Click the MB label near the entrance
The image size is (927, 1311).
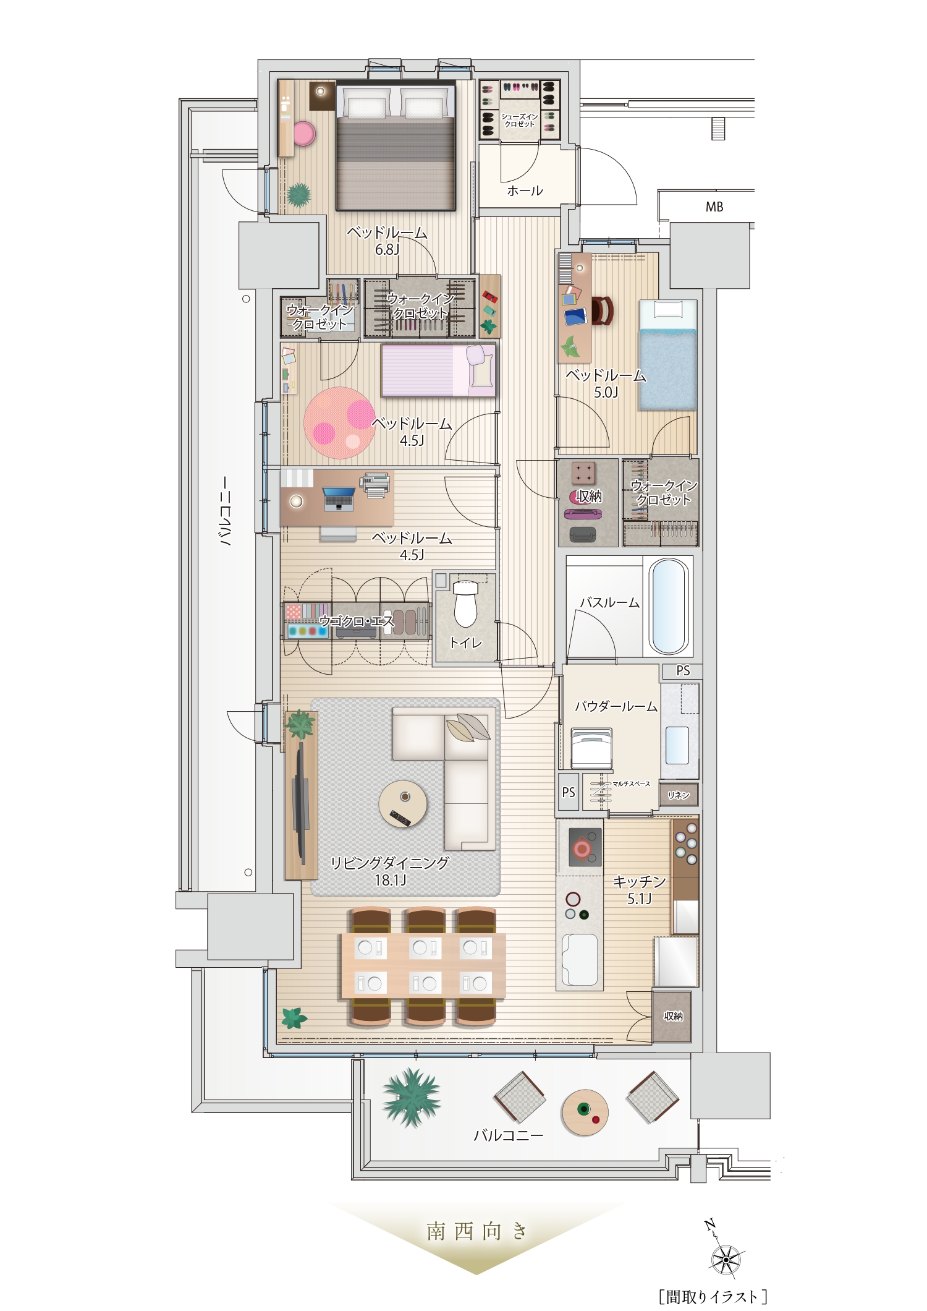coord(714,207)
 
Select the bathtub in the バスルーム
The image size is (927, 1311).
coord(668,606)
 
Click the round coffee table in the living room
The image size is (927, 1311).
coord(403,803)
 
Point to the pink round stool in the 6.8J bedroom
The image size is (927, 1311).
coord(303,134)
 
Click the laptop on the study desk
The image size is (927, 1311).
coord(339,498)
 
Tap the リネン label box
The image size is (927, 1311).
coord(679,795)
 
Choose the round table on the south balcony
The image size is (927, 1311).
coord(585,1112)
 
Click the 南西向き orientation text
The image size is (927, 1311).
coord(476,1231)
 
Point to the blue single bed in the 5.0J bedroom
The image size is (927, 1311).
coord(668,355)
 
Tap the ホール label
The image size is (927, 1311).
coord(525,191)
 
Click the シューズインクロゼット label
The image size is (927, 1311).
coord(520,120)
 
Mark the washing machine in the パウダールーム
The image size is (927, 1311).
coord(591,748)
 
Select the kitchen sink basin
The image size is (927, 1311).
coord(580,959)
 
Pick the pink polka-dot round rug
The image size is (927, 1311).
coord(339,423)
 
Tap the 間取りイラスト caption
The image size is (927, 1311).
coord(713,1296)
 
